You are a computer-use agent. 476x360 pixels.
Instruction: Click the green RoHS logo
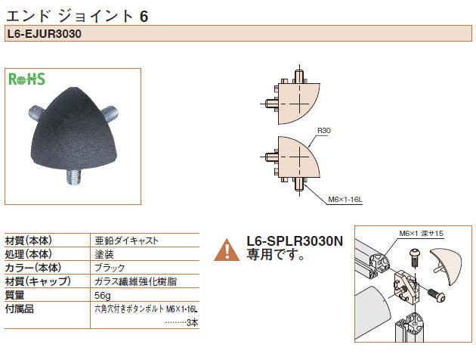[26, 79]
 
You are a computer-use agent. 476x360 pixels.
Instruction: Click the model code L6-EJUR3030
[45, 34]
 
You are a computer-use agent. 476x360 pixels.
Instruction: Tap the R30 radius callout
[324, 131]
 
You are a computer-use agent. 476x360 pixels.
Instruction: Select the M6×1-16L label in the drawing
[345, 200]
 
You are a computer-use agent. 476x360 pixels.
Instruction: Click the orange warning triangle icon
[227, 250]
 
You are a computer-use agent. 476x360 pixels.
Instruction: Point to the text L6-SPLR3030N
[295, 241]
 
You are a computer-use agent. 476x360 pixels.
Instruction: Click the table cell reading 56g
[103, 295]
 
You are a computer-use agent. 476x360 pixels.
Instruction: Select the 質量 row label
[15, 295]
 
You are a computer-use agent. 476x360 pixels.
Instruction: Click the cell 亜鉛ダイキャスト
[126, 241]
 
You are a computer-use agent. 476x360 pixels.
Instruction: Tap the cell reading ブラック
[110, 268]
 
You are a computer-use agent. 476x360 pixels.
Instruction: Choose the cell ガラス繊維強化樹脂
[135, 281]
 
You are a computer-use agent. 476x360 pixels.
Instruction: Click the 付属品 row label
[20, 309]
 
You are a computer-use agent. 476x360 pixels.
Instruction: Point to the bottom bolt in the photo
[74, 177]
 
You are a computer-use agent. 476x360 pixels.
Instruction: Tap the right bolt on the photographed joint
[111, 114]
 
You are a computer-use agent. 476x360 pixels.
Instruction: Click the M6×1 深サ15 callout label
[421, 233]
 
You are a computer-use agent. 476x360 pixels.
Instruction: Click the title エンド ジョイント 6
[77, 16]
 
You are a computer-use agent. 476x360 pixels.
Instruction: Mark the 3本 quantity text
[193, 323]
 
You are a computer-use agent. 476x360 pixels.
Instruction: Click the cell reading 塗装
[104, 254]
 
